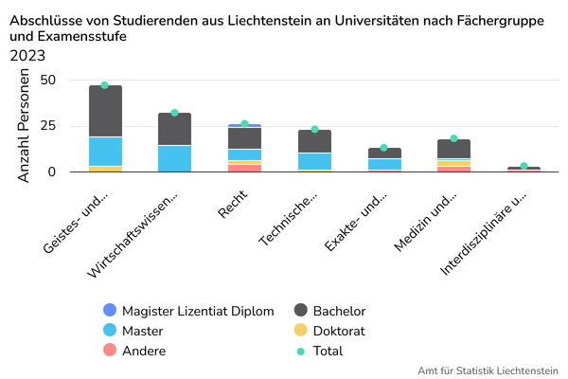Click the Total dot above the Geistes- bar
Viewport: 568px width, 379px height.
coord(105,85)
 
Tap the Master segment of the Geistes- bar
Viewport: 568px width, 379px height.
coord(105,152)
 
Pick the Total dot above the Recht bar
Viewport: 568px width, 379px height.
coord(244,124)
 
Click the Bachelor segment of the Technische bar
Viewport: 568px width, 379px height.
coord(314,141)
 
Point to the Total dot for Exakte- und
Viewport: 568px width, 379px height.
coord(383,148)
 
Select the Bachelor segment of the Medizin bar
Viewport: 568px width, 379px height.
coord(453,149)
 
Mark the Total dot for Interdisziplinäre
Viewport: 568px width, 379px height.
coord(524,167)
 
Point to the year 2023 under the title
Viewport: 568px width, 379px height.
coord(27,55)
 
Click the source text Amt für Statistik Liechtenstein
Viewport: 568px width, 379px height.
coord(488,370)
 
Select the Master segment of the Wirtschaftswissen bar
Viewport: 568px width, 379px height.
coord(174,158)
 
